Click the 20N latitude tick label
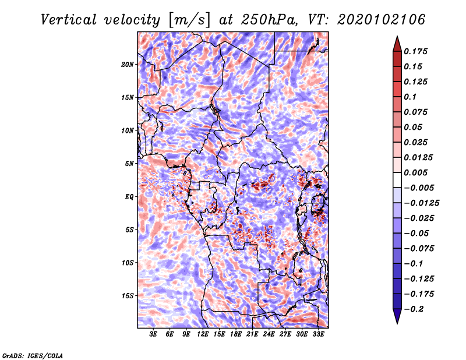pyautogui.click(x=128, y=64)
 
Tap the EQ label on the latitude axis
pyautogui.click(x=129, y=197)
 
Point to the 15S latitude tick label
pyautogui.click(x=128, y=296)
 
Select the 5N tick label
pyautogui.click(x=129, y=164)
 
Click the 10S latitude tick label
pyautogui.click(x=128, y=263)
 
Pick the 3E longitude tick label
pyautogui.click(x=153, y=334)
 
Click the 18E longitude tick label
pyautogui.click(x=236, y=334)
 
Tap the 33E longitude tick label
pyautogui.click(x=318, y=334)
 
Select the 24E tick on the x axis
pyautogui.click(x=269, y=334)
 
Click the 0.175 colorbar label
pyautogui.click(x=415, y=51)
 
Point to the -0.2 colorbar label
pyautogui.click(x=413, y=309)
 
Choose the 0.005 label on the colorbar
pyautogui.click(x=415, y=172)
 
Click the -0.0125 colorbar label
pyautogui.click(x=421, y=203)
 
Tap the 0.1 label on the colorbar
pyautogui.click(x=410, y=97)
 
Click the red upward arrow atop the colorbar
pyautogui.click(x=397, y=44)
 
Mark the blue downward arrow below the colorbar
pyautogui.click(x=397, y=316)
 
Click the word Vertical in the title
pyautogui.click(x=69, y=20)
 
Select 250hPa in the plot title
pyautogui.click(x=269, y=20)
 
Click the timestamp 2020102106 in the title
pyautogui.click(x=382, y=20)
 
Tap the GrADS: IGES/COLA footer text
pyautogui.click(x=33, y=356)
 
